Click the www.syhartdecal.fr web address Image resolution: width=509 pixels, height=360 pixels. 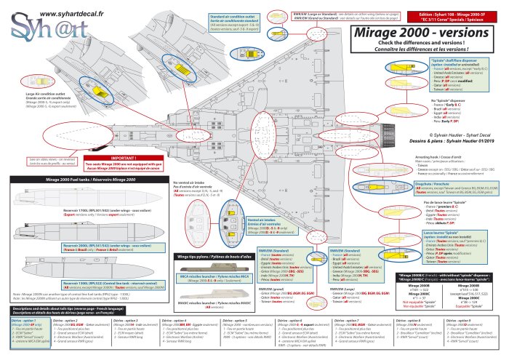pos(71,13)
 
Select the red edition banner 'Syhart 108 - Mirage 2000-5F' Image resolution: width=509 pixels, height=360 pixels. pos(452,17)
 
